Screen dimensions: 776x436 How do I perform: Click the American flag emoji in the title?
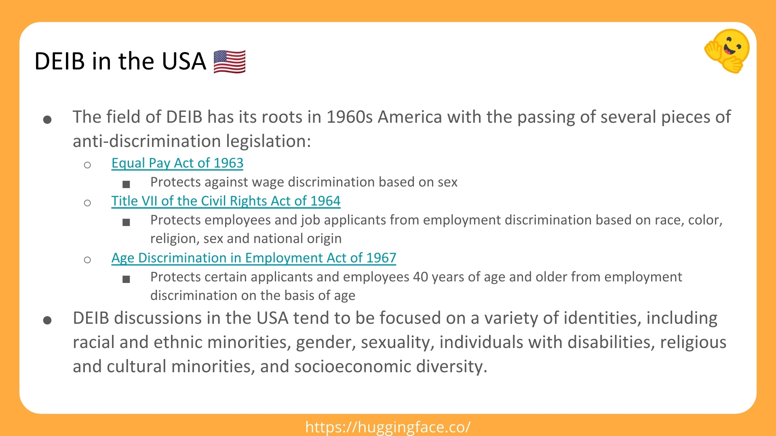pos(229,62)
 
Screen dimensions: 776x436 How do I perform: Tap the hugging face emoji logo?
pos(727,51)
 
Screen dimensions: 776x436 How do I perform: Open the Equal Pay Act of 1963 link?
pos(177,163)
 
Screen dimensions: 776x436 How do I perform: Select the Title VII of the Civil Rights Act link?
pos(226,201)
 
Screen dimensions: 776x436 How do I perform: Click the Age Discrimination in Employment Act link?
pos(254,258)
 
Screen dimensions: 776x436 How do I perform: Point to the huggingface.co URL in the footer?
pos(388,427)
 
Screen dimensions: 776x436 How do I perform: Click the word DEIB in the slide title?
pos(60,61)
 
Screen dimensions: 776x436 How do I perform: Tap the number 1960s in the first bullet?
pos(350,117)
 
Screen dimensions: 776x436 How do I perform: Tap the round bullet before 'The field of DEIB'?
pos(47,119)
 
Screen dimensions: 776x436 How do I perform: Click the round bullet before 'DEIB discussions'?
pos(47,321)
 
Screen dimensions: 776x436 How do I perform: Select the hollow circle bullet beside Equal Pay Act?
pos(87,165)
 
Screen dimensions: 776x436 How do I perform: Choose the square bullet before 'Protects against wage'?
pos(126,184)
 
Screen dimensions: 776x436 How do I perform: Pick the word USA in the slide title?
pos(184,61)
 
